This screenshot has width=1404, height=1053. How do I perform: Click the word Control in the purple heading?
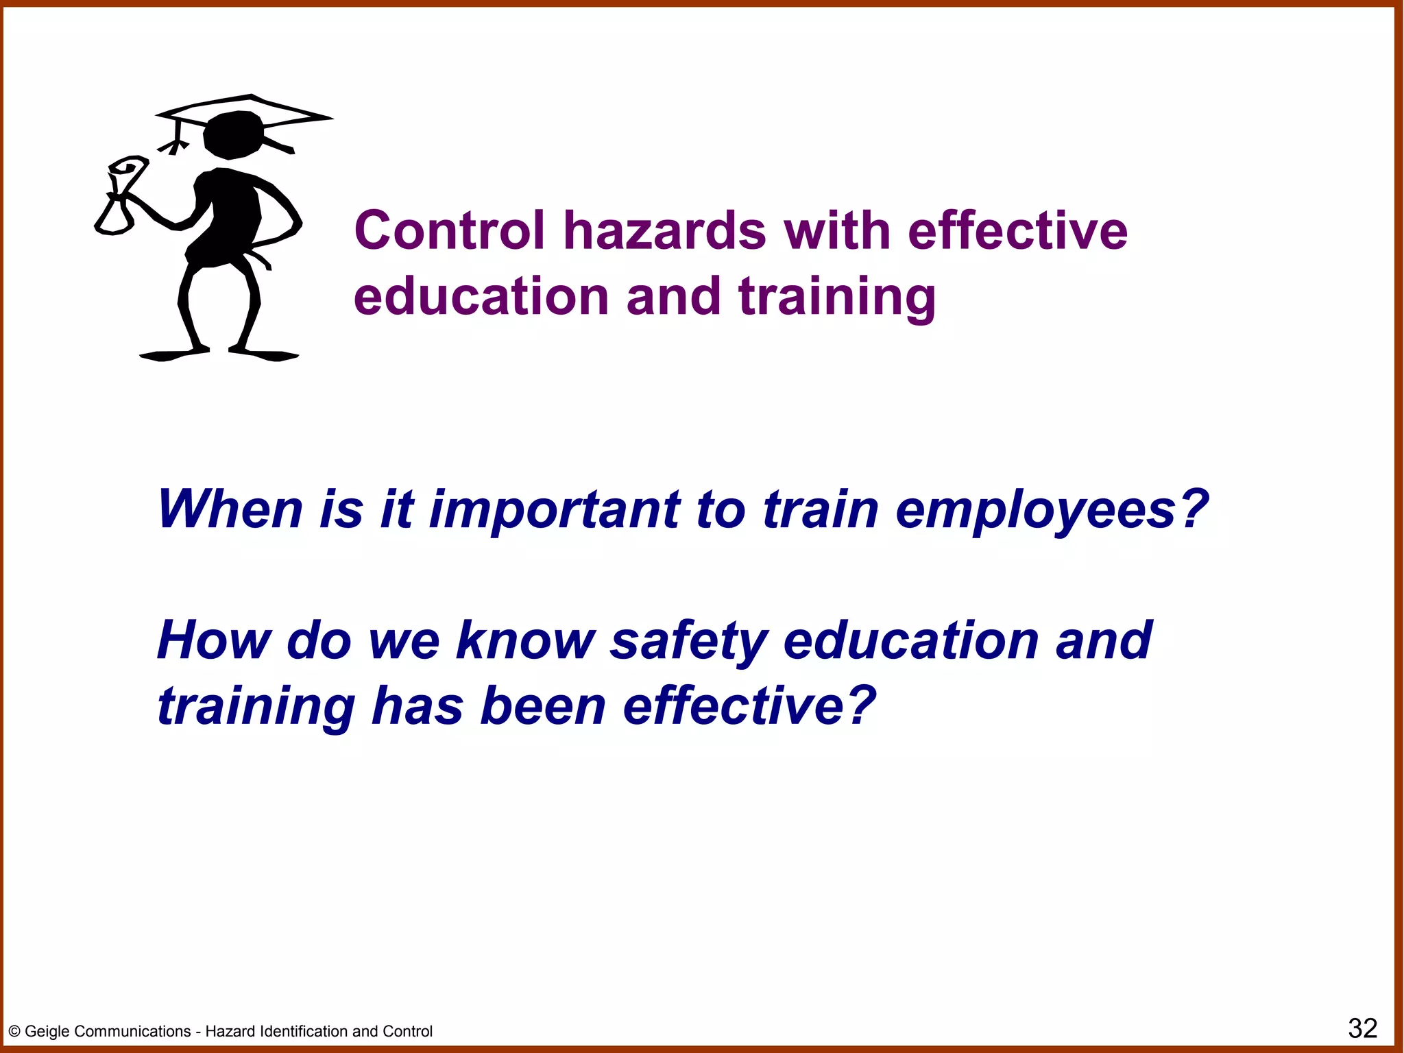[x=450, y=230]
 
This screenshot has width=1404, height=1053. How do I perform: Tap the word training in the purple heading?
[x=836, y=298]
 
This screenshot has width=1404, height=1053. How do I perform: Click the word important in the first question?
[x=555, y=511]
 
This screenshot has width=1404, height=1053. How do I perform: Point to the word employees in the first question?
[x=1052, y=511]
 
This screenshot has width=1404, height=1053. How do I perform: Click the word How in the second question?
[x=214, y=640]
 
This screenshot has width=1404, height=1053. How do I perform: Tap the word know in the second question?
[x=525, y=640]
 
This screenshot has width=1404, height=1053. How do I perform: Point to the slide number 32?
[x=1362, y=1028]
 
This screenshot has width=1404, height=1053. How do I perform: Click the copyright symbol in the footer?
[x=14, y=1032]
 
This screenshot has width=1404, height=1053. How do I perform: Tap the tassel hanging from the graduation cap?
[x=175, y=140]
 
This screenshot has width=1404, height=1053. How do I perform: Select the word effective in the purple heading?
[x=1017, y=230]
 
